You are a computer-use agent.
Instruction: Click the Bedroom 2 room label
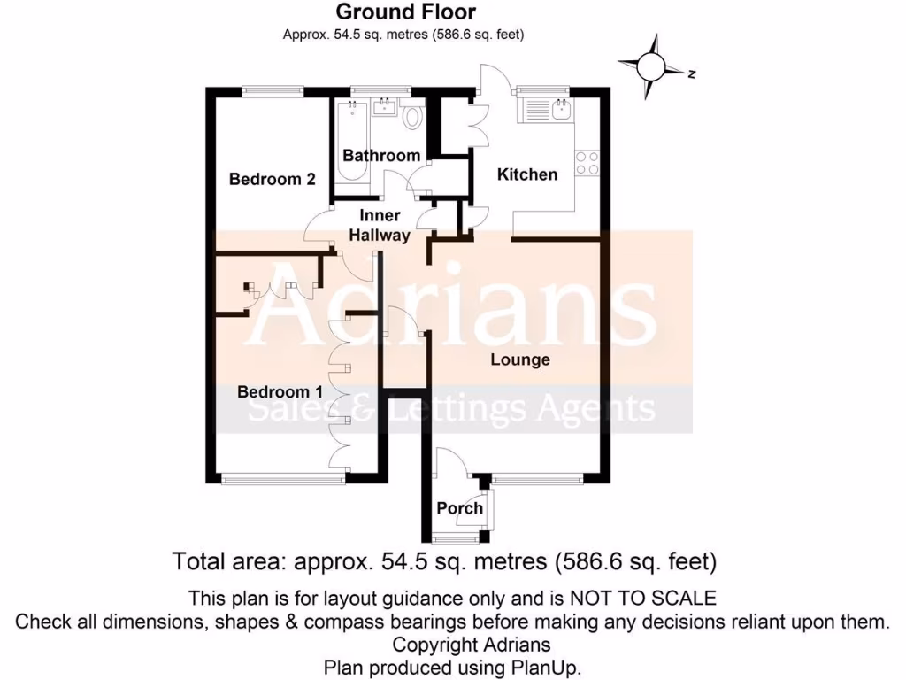pyautogui.click(x=272, y=179)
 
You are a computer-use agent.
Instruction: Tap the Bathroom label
pyautogui.click(x=381, y=156)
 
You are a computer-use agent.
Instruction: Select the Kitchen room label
pyautogui.click(x=527, y=174)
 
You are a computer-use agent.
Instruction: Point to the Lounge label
pyautogui.click(x=520, y=359)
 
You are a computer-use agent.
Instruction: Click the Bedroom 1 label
pyautogui.click(x=280, y=390)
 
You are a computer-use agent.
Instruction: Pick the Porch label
pyautogui.click(x=460, y=508)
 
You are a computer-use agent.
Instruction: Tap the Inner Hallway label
pyautogui.click(x=380, y=226)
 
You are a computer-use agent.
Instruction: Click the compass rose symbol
pyautogui.click(x=652, y=66)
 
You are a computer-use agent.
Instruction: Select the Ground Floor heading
pyautogui.click(x=404, y=12)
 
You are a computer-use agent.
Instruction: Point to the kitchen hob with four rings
pyautogui.click(x=587, y=163)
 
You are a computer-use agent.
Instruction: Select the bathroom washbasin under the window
pyautogui.click(x=383, y=109)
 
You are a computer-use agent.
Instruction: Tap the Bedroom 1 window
pyautogui.click(x=283, y=479)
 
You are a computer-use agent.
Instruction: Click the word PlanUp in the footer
pyautogui.click(x=543, y=667)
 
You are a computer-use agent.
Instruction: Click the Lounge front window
pyautogui.click(x=538, y=479)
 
